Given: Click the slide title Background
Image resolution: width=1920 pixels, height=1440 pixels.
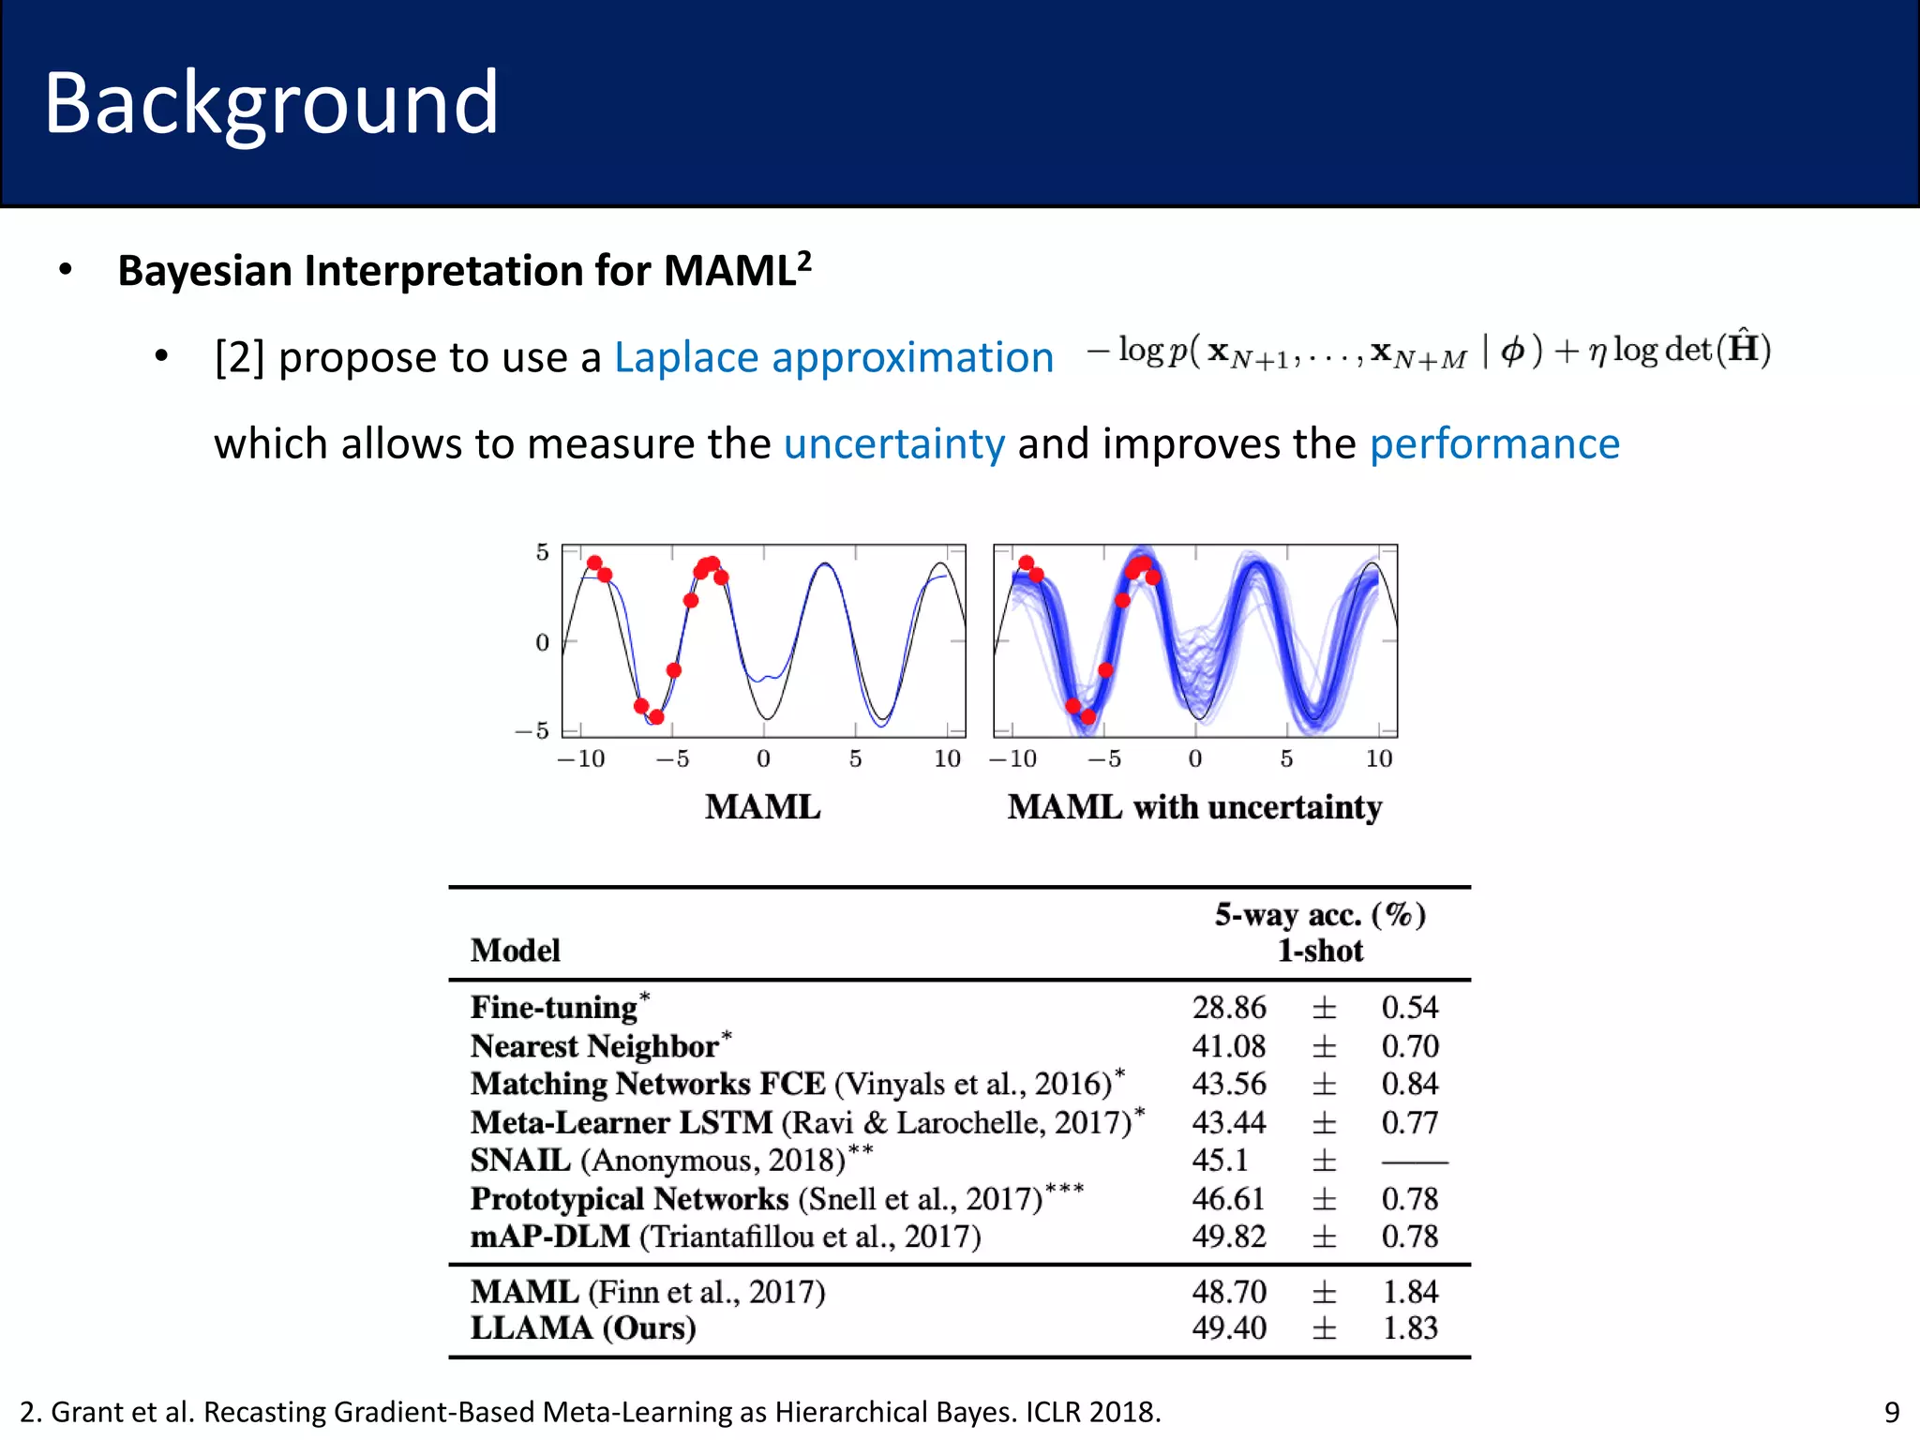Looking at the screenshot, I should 271,103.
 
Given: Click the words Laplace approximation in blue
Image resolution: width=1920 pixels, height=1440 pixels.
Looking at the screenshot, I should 833,357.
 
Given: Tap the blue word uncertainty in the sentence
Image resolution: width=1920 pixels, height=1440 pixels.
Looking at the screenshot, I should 893,443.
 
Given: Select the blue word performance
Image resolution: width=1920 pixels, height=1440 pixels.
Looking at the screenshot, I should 1494,443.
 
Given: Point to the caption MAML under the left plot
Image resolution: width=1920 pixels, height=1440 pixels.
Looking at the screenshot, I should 762,807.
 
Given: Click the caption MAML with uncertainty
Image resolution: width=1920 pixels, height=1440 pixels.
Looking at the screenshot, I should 1194,807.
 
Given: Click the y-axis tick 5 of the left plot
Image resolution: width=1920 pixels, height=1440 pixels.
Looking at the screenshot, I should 542,552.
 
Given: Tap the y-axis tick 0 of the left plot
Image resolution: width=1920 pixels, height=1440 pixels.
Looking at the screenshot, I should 542,643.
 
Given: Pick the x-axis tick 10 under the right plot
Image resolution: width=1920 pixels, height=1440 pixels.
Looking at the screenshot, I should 1378,758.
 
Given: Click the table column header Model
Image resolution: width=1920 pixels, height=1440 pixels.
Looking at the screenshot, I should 515,951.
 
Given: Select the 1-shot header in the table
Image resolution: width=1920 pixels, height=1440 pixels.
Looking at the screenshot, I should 1320,951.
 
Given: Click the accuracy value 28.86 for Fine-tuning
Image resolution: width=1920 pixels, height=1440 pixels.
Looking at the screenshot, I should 1228,1008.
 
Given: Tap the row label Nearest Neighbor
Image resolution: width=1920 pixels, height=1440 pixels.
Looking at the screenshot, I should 594,1046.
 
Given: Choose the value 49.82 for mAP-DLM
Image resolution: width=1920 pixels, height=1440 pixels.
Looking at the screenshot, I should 1228,1237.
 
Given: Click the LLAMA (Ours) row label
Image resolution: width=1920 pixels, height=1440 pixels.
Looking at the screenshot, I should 582,1328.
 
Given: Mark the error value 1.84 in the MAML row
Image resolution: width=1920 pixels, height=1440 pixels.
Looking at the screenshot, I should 1410,1292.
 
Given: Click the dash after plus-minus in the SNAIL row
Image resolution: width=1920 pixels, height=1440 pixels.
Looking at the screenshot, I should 1414,1162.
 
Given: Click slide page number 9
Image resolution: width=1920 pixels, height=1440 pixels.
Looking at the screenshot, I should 1892,1412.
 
